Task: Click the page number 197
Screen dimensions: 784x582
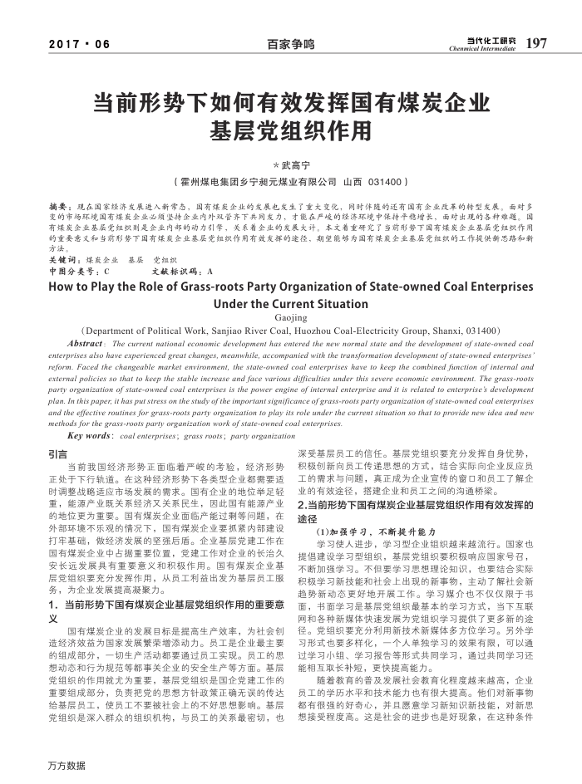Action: click(537, 42)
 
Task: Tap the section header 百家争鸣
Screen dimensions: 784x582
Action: click(291, 44)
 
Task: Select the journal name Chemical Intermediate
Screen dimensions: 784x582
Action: click(482, 49)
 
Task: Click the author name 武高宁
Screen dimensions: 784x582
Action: click(293, 165)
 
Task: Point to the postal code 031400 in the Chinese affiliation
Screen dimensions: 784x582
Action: click(385, 181)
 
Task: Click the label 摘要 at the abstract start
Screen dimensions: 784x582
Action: click(59, 204)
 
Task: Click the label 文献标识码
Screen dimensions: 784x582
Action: click(177, 271)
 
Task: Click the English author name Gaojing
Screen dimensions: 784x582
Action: click(290, 316)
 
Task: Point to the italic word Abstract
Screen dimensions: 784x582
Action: click(84, 343)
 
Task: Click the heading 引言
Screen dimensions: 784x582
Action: click(58, 455)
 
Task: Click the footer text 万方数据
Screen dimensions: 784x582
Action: click(67, 764)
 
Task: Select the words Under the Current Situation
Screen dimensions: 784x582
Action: click(290, 304)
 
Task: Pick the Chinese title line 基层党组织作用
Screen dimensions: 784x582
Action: click(291, 131)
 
